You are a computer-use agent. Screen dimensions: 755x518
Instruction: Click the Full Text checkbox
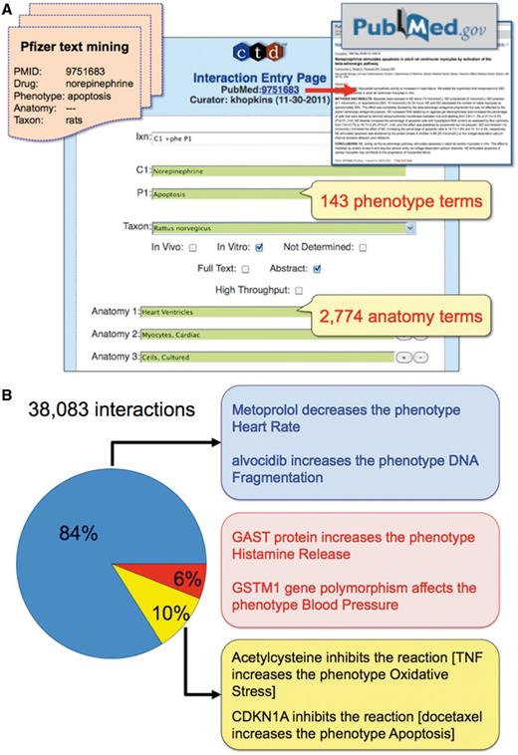coord(245,268)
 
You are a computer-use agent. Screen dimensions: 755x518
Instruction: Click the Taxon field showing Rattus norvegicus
coord(277,227)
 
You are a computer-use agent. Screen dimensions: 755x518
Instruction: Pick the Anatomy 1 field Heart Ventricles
coord(219,313)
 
